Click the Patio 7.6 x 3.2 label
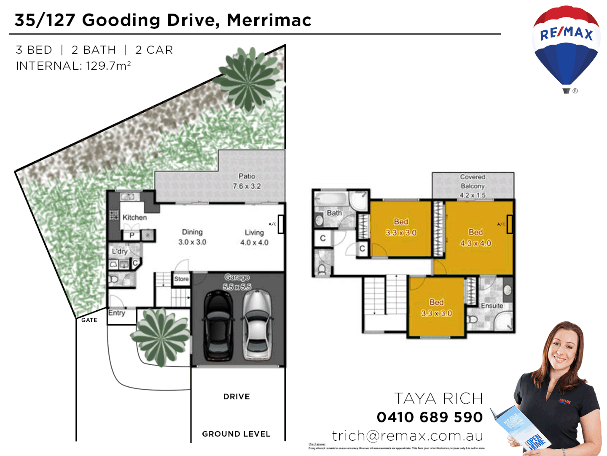pyautogui.click(x=247, y=181)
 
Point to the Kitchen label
pyautogui.click(x=134, y=217)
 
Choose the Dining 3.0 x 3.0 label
pyautogui.click(x=192, y=237)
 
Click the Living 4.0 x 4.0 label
pyautogui.click(x=254, y=237)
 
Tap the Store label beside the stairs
pyautogui.click(x=181, y=279)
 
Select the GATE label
pyautogui.click(x=89, y=320)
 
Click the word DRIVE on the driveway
pyautogui.click(x=236, y=396)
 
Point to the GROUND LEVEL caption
pyautogui.click(x=236, y=434)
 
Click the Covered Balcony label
pyautogui.click(x=473, y=186)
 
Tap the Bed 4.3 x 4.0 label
pyautogui.click(x=475, y=237)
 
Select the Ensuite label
pyautogui.click(x=492, y=305)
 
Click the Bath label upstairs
pyautogui.click(x=334, y=213)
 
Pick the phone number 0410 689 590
pyautogui.click(x=430, y=417)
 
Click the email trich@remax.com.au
pyautogui.click(x=407, y=435)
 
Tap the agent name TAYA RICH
pyautogui.click(x=438, y=398)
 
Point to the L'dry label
pyautogui.click(x=119, y=251)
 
